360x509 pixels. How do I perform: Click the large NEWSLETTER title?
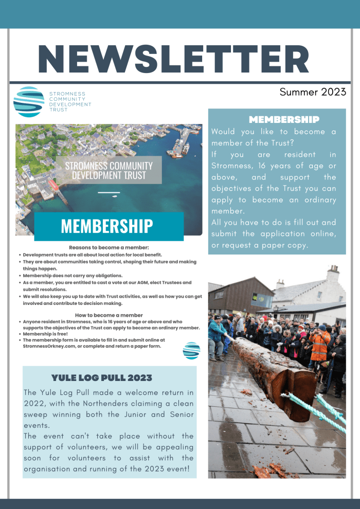click(x=174, y=59)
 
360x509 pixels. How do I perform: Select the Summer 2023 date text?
click(x=313, y=93)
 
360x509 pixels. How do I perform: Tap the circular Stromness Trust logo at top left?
click(x=29, y=102)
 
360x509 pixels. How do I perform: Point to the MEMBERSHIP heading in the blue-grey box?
click(x=284, y=120)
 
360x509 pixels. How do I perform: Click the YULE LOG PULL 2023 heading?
click(x=102, y=378)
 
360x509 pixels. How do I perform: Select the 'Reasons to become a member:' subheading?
click(x=109, y=248)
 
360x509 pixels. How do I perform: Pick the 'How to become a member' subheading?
click(x=109, y=315)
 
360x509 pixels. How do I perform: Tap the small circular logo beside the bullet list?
click(x=191, y=351)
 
